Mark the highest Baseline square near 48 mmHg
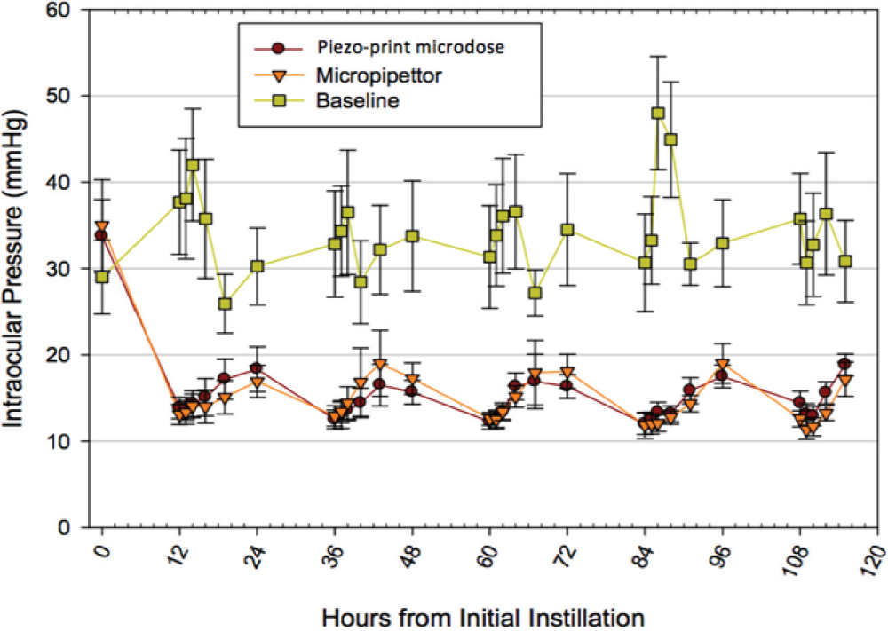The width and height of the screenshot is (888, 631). pos(658,114)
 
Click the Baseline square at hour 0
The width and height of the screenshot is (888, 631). pos(102,277)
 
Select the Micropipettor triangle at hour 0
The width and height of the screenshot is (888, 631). pos(102,227)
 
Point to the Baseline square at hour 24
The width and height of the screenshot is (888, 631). pos(258,266)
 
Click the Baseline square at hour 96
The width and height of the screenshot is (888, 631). pos(723,243)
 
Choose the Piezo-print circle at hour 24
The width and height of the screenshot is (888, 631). pos(257,368)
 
